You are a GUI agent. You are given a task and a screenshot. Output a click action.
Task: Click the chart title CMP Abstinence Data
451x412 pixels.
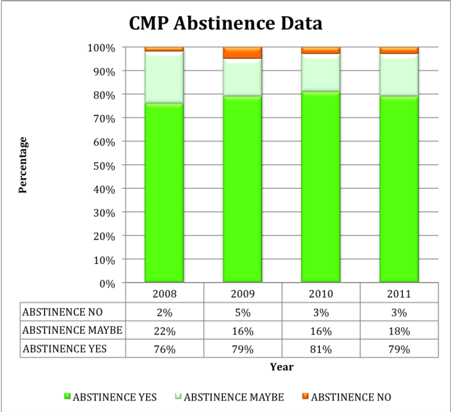tap(226, 23)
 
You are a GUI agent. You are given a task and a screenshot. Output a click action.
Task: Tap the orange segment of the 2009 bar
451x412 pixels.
tap(242, 53)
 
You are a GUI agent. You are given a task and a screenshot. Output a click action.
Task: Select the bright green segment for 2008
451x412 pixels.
tap(164, 192)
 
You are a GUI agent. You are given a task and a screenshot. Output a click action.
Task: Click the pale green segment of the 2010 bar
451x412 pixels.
tap(321, 72)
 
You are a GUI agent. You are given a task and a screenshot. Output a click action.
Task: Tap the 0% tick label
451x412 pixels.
tap(107, 283)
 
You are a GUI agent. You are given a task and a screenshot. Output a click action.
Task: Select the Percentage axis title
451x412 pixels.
tap(23, 165)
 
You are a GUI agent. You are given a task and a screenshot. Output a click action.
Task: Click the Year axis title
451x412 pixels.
tap(281, 366)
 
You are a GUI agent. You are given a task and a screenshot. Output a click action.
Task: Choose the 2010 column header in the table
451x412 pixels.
tap(321, 294)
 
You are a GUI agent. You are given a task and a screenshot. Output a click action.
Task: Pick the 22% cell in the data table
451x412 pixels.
tap(164, 330)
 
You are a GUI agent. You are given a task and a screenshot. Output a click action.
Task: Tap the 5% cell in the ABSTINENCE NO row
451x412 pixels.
tap(242, 313)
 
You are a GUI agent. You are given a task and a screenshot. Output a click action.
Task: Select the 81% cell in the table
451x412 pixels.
tap(321, 349)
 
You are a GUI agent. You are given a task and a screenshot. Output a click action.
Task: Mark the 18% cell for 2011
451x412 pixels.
tap(399, 330)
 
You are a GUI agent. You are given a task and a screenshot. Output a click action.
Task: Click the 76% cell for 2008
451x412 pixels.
tap(164, 349)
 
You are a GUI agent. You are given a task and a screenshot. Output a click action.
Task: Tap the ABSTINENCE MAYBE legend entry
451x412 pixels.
tap(229, 397)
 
